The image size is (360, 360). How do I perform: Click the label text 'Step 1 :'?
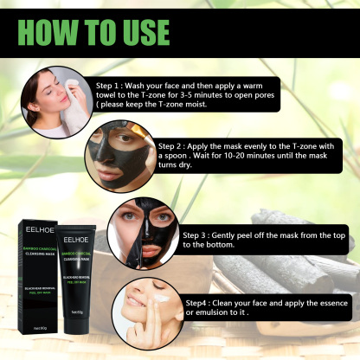click(x=114, y=87)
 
